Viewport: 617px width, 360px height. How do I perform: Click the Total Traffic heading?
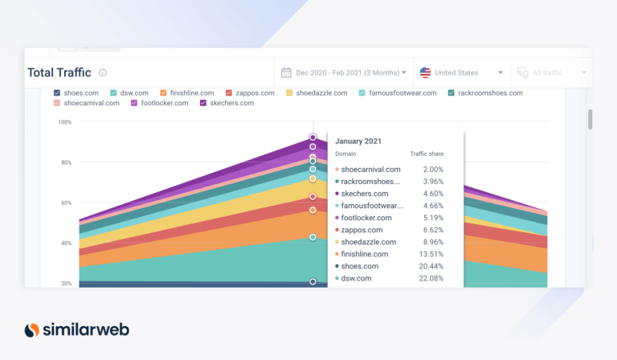pyautogui.click(x=59, y=72)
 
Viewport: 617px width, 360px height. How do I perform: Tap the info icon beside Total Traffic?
pyautogui.click(x=103, y=73)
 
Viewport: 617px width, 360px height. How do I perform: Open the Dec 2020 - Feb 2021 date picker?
pyautogui.click(x=344, y=72)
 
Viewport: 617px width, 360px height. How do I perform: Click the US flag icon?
pyautogui.click(x=426, y=72)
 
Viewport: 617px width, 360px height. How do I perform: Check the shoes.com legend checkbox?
pyautogui.click(x=57, y=92)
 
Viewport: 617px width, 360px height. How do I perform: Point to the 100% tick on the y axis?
pyautogui.click(x=64, y=122)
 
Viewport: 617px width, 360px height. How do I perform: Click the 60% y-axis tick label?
pyautogui.click(x=64, y=203)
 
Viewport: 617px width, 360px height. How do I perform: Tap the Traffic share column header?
pyautogui.click(x=427, y=153)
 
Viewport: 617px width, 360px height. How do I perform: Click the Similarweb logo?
pyautogui.click(x=76, y=329)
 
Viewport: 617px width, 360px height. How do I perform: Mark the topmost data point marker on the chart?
pyautogui.click(x=313, y=137)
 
